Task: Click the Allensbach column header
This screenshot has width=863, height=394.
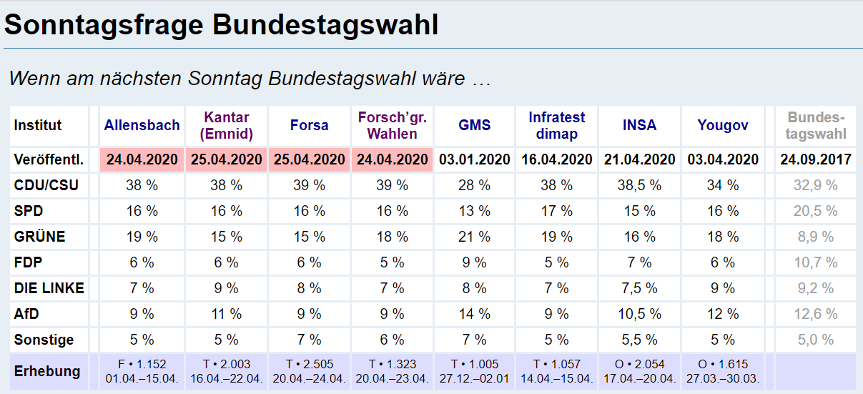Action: click(142, 125)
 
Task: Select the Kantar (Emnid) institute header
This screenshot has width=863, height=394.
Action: click(226, 125)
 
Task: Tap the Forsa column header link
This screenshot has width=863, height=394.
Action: click(310, 125)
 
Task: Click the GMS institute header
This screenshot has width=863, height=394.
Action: click(475, 125)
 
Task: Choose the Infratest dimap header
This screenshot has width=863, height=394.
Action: click(557, 125)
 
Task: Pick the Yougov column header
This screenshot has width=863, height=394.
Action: click(723, 125)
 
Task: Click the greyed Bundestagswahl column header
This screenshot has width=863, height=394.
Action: click(816, 125)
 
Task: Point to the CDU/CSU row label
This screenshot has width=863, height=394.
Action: click(46, 185)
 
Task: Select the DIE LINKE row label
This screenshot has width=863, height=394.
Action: click(49, 288)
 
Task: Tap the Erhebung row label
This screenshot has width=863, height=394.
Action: click(47, 371)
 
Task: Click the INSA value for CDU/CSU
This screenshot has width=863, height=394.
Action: click(639, 185)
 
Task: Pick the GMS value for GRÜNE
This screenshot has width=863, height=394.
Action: click(475, 237)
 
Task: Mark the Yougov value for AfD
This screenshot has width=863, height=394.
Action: click(723, 314)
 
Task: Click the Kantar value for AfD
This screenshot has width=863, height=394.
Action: click(226, 314)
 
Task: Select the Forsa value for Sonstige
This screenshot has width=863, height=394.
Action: click(310, 340)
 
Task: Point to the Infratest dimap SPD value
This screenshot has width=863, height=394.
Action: click(557, 211)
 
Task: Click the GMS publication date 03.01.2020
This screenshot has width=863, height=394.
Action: click(475, 159)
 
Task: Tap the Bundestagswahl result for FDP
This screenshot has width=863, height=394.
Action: click(815, 262)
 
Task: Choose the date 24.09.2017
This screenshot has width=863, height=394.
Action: click(816, 159)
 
